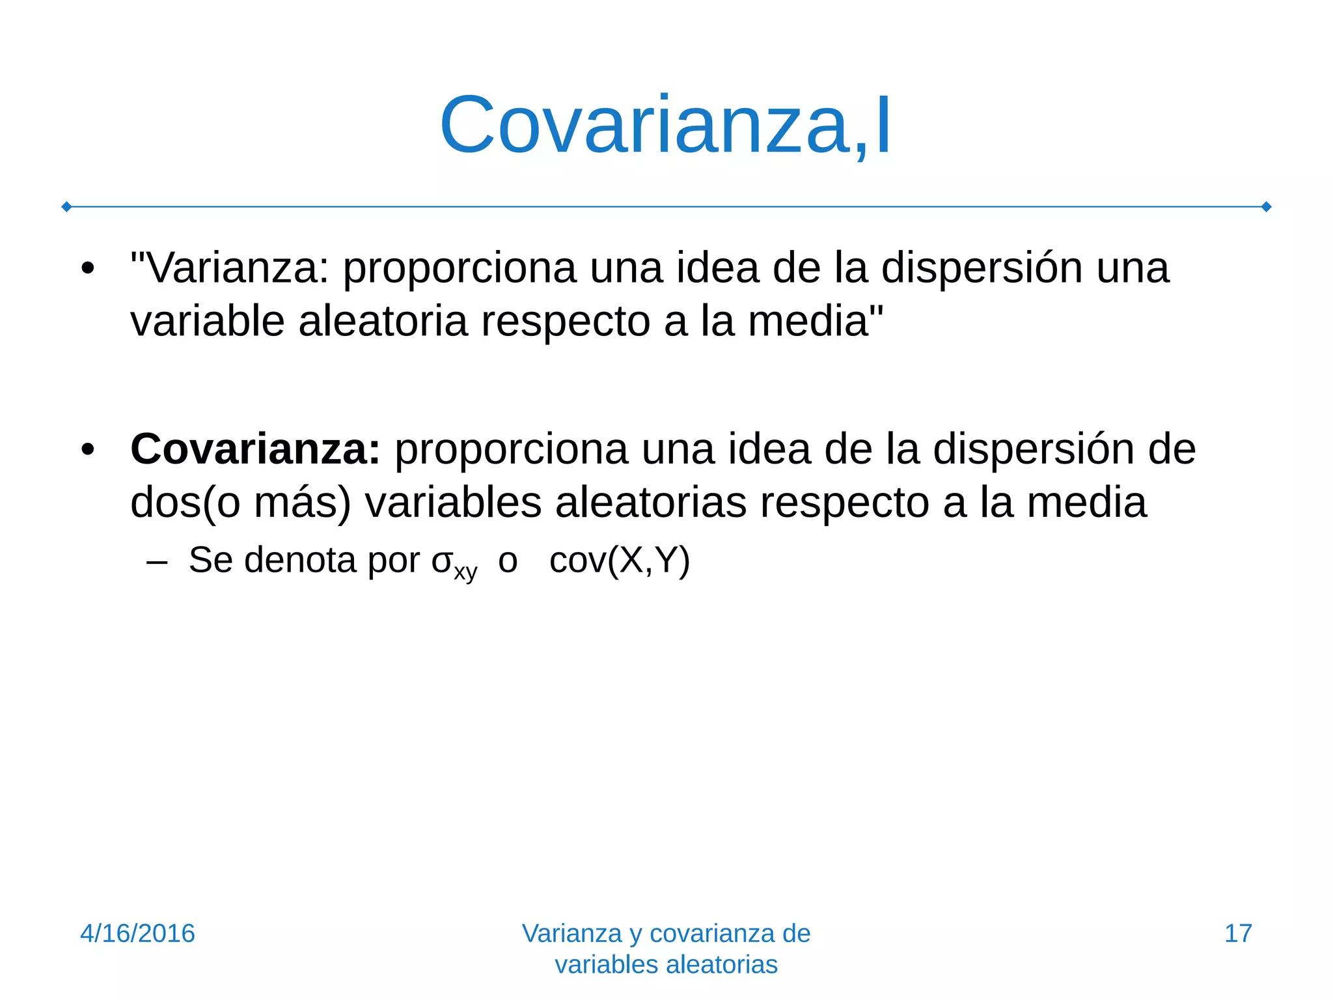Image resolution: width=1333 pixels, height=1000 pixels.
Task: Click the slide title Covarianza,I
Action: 665,125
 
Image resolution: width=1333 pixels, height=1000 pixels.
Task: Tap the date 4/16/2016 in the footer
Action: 137,934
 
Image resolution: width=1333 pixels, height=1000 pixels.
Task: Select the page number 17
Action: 1238,934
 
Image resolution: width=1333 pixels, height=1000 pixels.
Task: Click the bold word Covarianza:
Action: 255,449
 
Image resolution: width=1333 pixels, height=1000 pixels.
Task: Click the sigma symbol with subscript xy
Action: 454,562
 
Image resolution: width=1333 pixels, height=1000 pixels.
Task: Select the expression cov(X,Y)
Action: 619,561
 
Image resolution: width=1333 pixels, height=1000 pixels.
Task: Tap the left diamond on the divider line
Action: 66,207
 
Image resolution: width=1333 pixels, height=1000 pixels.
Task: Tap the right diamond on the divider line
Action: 1267,207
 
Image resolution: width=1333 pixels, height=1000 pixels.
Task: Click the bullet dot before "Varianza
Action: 88,269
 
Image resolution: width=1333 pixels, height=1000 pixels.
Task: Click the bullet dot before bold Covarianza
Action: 88,450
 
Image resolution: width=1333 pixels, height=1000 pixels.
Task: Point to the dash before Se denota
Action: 158,561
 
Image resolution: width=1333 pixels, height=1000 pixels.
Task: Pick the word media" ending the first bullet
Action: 816,322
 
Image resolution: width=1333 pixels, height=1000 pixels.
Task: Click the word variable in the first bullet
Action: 208,322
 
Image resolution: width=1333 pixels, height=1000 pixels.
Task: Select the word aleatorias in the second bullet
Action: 650,503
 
